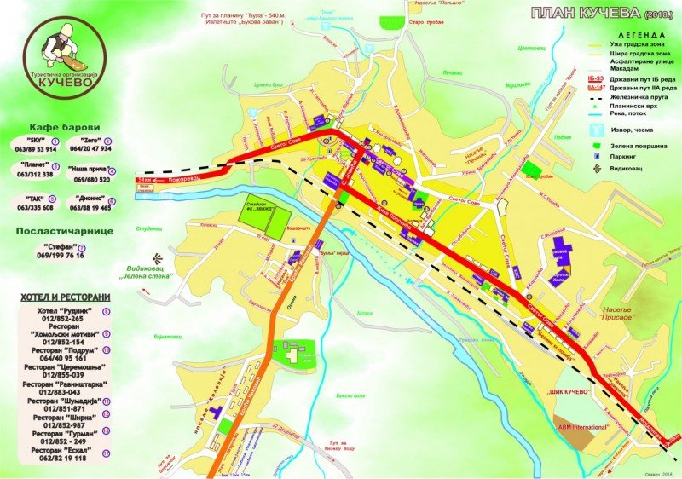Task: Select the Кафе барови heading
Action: (57, 126)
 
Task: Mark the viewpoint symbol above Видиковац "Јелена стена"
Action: (154, 257)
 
